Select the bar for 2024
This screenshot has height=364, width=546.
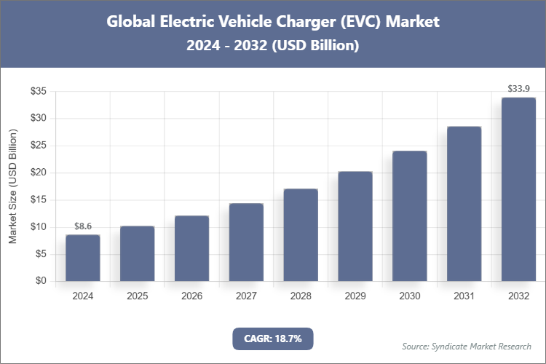[82, 258]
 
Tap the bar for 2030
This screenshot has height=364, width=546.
[409, 215]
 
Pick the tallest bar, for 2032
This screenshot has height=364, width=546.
[518, 189]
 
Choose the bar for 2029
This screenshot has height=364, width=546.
[355, 226]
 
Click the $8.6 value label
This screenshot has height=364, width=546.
[82, 227]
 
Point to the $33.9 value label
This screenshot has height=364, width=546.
[518, 90]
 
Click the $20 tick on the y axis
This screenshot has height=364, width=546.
[38, 173]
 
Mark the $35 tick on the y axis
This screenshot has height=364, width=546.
[38, 91]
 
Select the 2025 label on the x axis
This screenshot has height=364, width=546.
[137, 296]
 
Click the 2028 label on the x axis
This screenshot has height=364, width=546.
[301, 296]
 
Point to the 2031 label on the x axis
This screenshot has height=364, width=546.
[464, 296]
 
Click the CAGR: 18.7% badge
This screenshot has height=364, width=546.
[273, 339]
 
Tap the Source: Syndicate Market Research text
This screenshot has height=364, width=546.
[467, 347]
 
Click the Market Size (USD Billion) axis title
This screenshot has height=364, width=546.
[12, 186]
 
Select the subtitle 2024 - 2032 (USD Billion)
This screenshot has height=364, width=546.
[273, 45]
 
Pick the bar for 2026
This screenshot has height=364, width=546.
[191, 248]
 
